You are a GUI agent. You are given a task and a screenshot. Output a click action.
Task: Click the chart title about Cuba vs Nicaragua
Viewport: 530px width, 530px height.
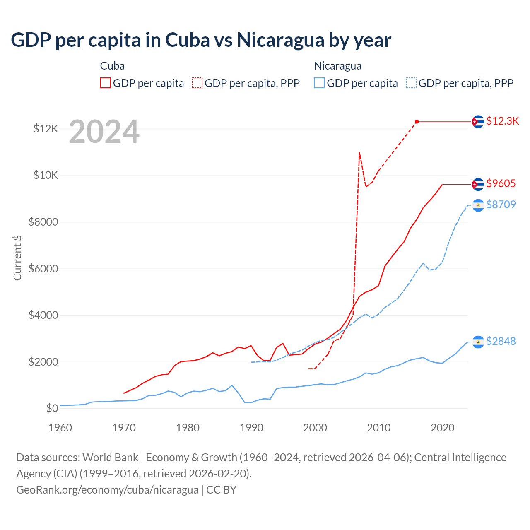coord(201,40)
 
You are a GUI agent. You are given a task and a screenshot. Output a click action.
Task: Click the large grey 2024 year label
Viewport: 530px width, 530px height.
coord(104,132)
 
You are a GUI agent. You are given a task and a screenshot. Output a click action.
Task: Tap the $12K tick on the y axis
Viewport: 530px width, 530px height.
coord(46,129)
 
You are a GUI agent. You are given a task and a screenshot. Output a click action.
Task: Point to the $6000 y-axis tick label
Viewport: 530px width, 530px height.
coord(43,269)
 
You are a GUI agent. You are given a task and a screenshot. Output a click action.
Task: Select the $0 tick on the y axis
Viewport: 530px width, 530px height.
coord(52,408)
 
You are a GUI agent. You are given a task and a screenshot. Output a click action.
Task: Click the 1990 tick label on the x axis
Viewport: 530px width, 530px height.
coord(251,428)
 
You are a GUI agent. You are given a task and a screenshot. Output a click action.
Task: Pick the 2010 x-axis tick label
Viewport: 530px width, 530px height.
coord(379,428)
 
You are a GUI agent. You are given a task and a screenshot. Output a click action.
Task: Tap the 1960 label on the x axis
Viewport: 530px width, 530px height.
coord(60,428)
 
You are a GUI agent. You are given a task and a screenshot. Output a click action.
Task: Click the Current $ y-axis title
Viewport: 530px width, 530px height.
coord(17,258)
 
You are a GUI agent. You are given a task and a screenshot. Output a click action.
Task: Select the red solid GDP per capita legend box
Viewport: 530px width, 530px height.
coord(106,83)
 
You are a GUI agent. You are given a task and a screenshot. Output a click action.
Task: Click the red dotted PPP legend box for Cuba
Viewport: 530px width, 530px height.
coord(197,83)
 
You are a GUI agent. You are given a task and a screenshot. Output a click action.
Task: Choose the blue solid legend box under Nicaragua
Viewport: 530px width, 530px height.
coord(319,83)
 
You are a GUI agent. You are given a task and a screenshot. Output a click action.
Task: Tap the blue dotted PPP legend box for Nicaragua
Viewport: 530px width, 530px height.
coord(411,83)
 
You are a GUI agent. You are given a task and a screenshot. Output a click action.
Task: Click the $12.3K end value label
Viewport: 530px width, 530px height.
coord(502,121)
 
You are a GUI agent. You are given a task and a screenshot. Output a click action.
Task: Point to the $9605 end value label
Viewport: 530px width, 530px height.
coord(501,183)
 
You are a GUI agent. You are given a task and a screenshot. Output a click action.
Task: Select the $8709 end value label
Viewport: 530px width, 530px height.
coord(501,205)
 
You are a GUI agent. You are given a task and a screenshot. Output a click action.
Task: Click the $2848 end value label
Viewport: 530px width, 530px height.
coord(501,341)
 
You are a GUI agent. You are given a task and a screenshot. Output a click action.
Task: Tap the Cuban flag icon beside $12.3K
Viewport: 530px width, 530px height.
coord(478,122)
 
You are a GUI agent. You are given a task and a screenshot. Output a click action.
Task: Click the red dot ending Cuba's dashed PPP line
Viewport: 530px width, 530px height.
coord(417,122)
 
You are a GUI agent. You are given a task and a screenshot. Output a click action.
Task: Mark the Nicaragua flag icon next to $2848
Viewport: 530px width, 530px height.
coord(478,342)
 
